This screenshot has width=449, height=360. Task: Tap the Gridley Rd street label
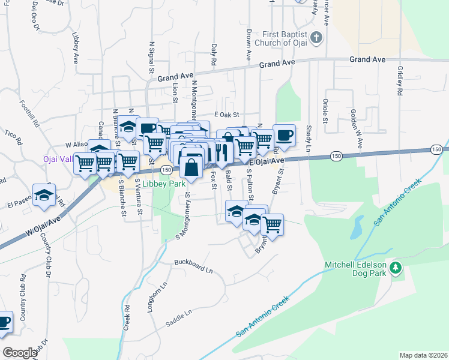coord(399,81)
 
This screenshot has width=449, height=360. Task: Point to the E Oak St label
coord(226,115)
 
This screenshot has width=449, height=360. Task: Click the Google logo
coord(20,353)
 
